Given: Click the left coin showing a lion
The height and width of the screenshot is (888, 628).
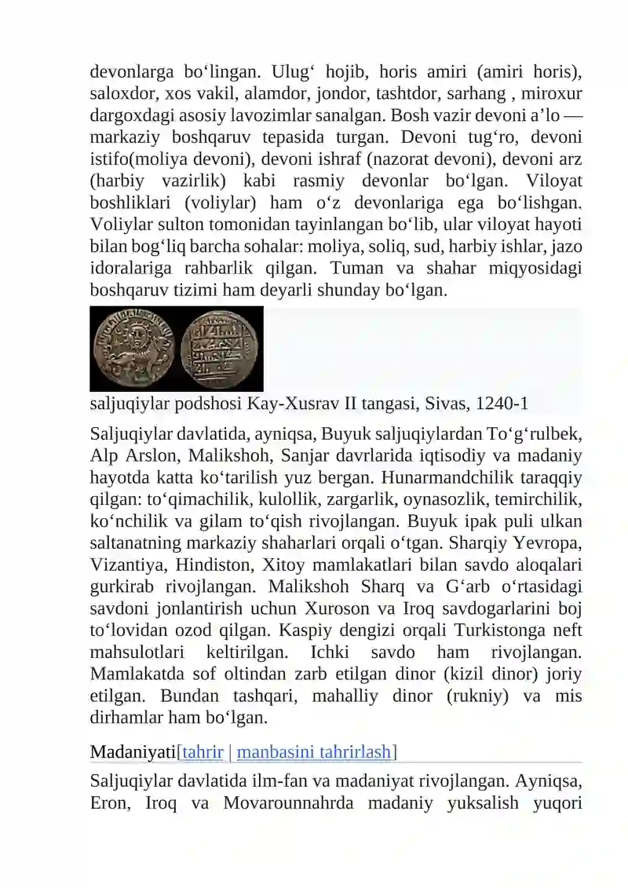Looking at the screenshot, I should point(134,349).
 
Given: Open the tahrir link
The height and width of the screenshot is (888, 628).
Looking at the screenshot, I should point(203,752).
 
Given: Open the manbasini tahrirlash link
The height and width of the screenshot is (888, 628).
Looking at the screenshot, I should point(314,752).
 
